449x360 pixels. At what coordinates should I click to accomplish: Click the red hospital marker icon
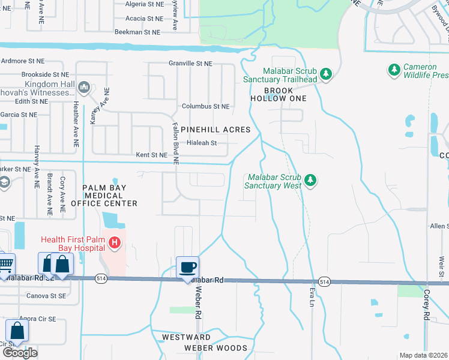click(x=115, y=244)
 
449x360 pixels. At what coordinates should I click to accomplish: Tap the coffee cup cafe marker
click(x=187, y=266)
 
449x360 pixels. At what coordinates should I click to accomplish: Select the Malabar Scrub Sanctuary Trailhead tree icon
click(x=326, y=74)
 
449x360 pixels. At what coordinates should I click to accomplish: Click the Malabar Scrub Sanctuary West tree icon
click(x=310, y=179)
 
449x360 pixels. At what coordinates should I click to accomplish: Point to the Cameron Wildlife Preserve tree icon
click(x=394, y=70)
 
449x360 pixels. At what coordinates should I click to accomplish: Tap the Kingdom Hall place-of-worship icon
click(x=84, y=88)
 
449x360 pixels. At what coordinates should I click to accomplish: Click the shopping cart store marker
click(x=5, y=263)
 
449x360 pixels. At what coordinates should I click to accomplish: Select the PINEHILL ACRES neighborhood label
click(x=215, y=130)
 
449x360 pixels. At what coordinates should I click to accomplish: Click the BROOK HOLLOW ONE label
click(x=277, y=94)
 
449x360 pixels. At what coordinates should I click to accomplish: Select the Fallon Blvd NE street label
click(x=175, y=145)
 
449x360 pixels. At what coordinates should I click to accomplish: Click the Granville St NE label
click(x=190, y=63)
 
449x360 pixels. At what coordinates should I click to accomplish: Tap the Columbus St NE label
click(x=206, y=106)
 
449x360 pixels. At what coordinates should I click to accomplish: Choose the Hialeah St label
click(x=201, y=143)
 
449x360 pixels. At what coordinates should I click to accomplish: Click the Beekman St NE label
click(x=137, y=32)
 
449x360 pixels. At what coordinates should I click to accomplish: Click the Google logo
click(x=20, y=352)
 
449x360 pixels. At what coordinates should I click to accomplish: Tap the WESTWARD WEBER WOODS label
click(x=207, y=343)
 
